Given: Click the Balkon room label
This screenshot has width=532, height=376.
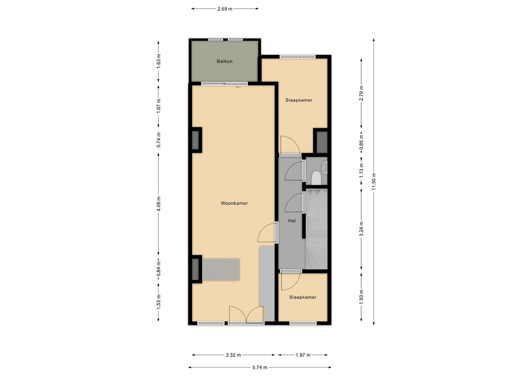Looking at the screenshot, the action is tap(225, 62).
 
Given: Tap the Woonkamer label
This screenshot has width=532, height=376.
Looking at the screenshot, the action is tap(234, 204).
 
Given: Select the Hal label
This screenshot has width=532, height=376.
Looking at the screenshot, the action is tap(292, 221).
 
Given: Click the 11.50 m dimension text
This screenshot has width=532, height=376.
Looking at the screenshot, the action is tap(374, 182).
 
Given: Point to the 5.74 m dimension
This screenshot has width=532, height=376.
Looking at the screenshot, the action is tap(260, 367).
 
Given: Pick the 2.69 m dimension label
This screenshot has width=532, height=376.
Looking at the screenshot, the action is tap(225, 9).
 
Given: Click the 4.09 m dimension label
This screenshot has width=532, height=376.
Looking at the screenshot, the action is tap(159, 204).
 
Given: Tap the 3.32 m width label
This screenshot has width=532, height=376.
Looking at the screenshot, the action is tap(233, 355).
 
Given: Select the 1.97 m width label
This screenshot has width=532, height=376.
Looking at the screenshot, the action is tap(303, 355).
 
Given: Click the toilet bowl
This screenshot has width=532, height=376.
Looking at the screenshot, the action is tap(316, 178).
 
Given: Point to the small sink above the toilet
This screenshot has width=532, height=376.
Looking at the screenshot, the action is tap(325, 167).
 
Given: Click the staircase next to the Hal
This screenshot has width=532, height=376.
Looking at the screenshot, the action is tap(317, 229).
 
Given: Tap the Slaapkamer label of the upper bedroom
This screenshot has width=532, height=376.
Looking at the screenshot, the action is tap(299, 100).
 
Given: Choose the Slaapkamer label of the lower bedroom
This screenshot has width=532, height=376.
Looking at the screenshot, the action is tap(303, 298).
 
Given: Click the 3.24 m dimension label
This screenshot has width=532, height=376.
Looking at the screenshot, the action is tap(361, 229).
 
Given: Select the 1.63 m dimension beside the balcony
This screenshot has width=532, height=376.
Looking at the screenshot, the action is tap(159, 62).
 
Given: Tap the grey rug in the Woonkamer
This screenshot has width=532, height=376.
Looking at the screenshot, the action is tap(221, 269).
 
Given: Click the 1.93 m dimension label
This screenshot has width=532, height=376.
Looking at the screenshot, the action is tap(361, 297).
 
